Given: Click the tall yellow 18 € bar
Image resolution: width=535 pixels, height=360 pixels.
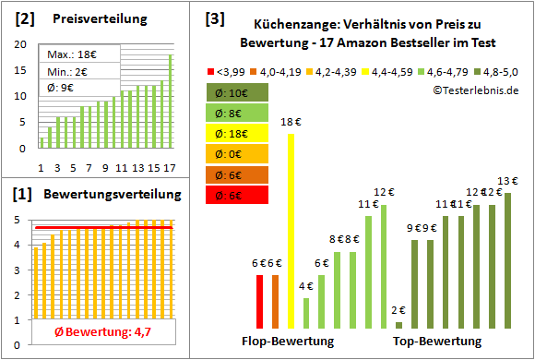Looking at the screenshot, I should pos(291,231).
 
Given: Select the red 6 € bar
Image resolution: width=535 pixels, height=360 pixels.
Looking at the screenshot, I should pos(260,301).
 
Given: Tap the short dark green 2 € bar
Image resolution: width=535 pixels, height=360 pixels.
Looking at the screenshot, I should pos(398,325).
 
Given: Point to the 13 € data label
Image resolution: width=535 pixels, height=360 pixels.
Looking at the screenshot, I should pos(507,181).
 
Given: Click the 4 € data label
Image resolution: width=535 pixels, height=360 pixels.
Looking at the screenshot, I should pos(306,286).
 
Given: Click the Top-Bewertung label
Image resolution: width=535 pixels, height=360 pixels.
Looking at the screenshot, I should pos(437,341).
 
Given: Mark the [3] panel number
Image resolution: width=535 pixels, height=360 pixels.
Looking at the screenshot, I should pos(213,18).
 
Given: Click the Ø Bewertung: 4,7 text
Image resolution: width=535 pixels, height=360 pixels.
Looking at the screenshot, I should pos(93,332).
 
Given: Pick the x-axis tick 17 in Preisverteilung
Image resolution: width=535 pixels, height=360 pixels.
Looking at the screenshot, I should pos(168,167).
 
